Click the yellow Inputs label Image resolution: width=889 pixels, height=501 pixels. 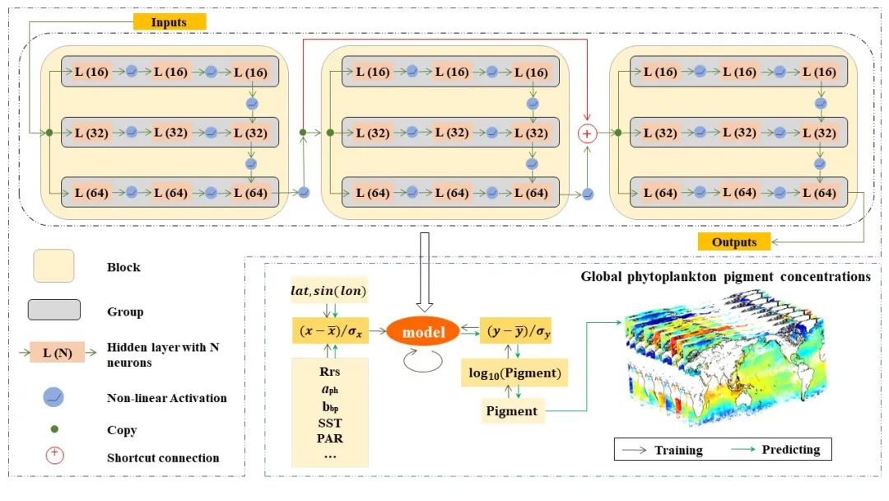click(x=170, y=22)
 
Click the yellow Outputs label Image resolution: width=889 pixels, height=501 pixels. click(x=733, y=242)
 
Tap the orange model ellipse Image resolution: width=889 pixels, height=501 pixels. click(x=423, y=332)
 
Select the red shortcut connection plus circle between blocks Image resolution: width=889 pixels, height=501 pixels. click(x=588, y=134)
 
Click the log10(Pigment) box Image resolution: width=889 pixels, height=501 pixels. click(x=514, y=372)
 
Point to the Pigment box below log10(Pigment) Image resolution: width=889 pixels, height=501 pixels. click(x=511, y=411)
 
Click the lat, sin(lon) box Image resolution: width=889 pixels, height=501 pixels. click(x=328, y=291)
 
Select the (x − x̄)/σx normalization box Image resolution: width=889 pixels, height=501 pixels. click(x=331, y=330)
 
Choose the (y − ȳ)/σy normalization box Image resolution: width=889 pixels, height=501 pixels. click(x=515, y=330)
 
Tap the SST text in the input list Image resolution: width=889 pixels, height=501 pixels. click(x=330, y=424)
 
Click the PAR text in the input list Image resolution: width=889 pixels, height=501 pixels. click(x=330, y=438)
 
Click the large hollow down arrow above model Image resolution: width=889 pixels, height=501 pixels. click(x=424, y=272)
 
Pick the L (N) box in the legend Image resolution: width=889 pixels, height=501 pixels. click(x=58, y=353)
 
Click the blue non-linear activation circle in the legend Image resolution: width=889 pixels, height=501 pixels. click(x=54, y=397)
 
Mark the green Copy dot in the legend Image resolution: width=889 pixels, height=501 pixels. click(x=54, y=429)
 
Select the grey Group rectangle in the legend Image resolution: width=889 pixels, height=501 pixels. click(x=54, y=310)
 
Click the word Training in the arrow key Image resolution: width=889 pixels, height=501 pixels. click(x=678, y=451)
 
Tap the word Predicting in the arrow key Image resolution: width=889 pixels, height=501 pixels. click(x=791, y=450)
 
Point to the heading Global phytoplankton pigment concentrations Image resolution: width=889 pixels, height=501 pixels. click(x=726, y=277)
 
